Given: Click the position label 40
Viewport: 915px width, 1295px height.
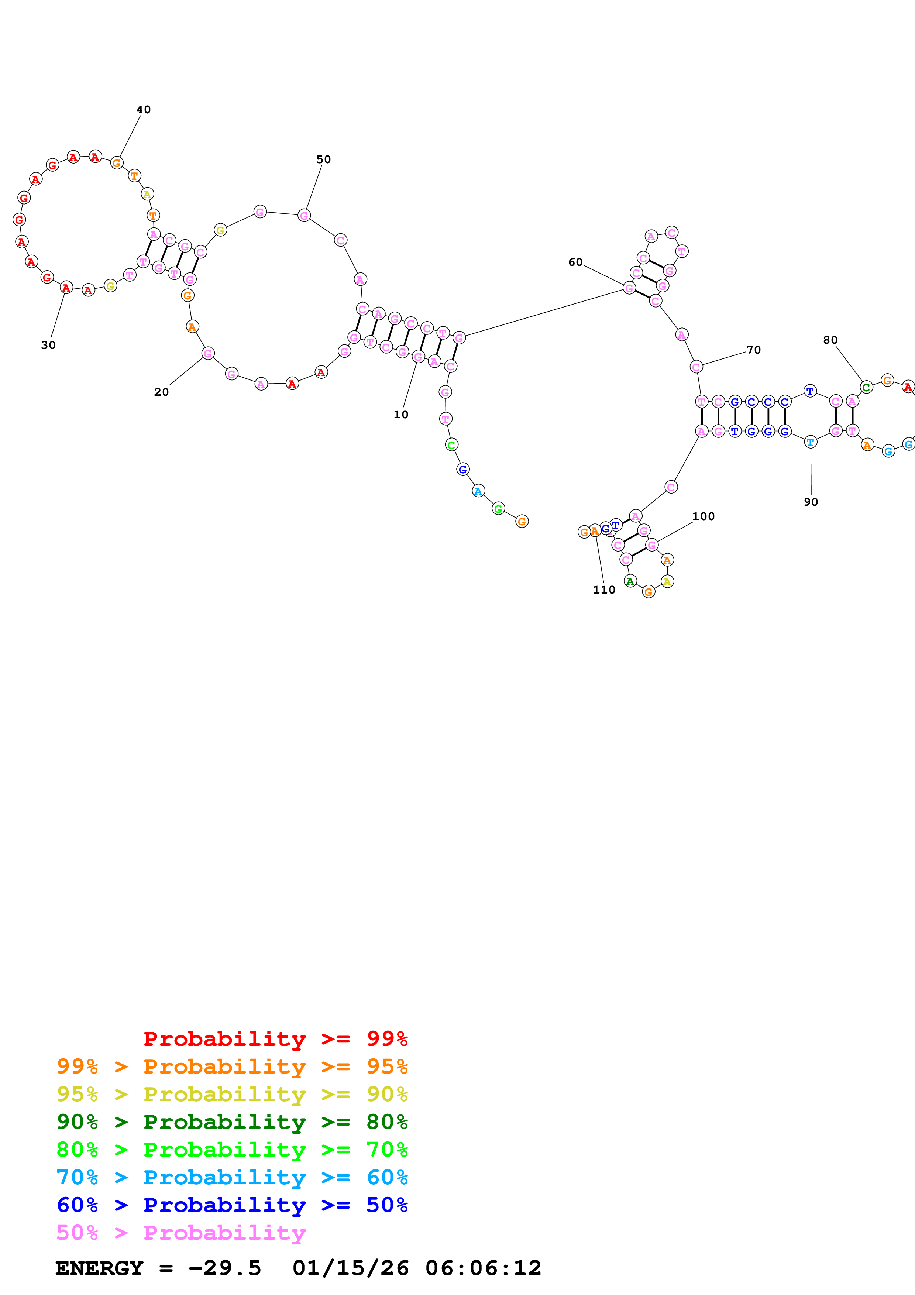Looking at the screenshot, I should click(144, 109).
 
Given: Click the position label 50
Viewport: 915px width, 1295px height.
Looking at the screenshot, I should click(324, 159).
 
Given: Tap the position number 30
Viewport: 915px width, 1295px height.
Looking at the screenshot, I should click(48, 345).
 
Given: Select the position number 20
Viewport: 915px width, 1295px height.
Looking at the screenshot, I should click(162, 392).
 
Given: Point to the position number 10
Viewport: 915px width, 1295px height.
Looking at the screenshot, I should click(401, 415).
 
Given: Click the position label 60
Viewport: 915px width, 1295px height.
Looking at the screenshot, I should click(575, 262).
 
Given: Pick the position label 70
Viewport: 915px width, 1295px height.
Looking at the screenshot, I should click(754, 350).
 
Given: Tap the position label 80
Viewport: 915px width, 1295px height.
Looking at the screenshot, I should click(830, 340).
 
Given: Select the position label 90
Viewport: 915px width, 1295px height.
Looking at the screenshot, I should click(811, 502).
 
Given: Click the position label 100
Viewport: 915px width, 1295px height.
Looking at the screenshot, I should click(703, 517).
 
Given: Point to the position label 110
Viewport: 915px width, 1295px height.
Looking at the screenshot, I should click(604, 590).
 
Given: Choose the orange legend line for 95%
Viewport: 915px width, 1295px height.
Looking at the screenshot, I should click(232, 1066).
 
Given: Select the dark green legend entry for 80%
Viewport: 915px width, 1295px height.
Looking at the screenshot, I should click(232, 1122).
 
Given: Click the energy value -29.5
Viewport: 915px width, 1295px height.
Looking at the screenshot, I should click(224, 1268).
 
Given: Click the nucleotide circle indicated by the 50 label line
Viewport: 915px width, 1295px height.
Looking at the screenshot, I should click(304, 216).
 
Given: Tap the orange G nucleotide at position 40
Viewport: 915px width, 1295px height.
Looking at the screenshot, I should click(117, 163).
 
